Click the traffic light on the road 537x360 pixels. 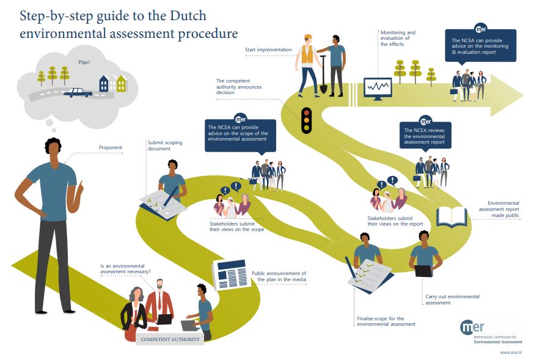pos(306,120)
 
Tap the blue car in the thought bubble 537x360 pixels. pos(78,92)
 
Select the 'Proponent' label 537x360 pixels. pos(111,147)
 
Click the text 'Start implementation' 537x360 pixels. pos(268,50)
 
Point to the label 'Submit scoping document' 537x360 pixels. pos(164,145)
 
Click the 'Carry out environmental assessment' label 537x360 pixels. pos(452,299)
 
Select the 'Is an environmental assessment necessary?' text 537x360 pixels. pos(126,269)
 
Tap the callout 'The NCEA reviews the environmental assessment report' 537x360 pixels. pos(425,136)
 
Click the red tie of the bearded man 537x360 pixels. pos(160,300)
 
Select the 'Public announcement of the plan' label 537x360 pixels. pos(278,276)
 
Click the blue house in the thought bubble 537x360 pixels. pos(104,83)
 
